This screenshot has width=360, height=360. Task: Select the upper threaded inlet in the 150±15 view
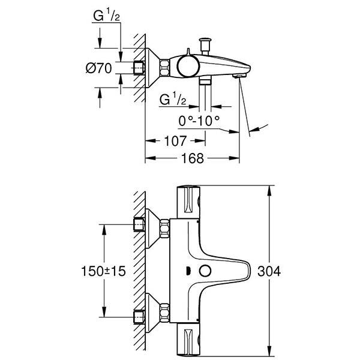pyautogui.click(x=139, y=226)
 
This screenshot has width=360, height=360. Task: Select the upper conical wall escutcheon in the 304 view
pyautogui.click(x=158, y=226)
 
